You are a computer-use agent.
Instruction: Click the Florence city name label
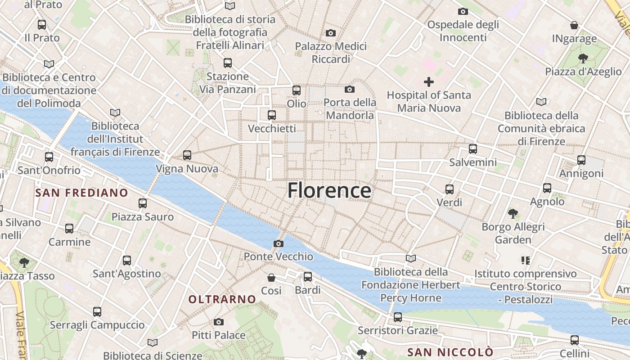coord(329,190)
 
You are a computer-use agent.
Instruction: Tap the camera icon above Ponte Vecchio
coord(279,243)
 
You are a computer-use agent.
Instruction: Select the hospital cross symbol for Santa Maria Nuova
coord(429,82)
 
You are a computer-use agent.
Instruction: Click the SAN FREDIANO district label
coord(82,193)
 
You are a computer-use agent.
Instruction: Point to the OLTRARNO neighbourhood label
coord(222,299)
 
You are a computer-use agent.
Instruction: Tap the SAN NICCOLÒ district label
coord(450,351)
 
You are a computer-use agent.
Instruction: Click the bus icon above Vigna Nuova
coord(187,155)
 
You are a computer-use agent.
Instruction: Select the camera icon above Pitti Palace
coord(219,322)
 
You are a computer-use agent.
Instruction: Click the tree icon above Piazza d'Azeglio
coord(583,58)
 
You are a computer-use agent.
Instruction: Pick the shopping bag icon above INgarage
coord(574,25)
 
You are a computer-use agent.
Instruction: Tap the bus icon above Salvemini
coord(473,148)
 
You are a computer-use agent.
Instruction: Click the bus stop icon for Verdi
coord(450,189)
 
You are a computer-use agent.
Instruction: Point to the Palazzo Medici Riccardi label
coord(331,53)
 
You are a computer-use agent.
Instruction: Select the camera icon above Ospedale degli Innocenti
coord(463,11)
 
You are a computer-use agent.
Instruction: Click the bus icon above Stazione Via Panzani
coord(228,63)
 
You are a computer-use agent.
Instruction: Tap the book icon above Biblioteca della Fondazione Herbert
coord(410,258)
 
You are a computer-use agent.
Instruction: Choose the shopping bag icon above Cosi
coord(271,277)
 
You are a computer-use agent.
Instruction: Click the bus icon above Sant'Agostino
coord(127,260)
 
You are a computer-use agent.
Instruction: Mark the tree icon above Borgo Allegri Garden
coord(513,213)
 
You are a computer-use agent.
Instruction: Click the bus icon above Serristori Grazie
coord(398,317)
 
